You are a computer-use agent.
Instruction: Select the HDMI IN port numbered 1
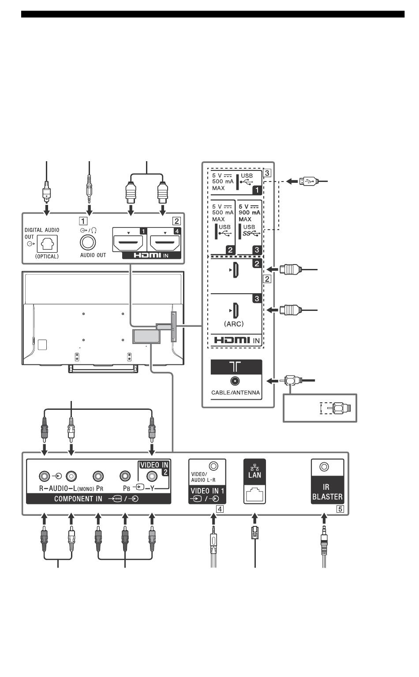click(x=128, y=243)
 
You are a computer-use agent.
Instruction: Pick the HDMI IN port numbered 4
click(x=165, y=243)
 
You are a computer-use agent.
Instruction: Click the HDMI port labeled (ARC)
click(x=236, y=310)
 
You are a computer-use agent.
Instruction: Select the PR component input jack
click(x=98, y=477)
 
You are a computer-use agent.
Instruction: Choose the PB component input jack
click(x=126, y=477)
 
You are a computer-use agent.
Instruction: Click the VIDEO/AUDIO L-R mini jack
click(x=214, y=466)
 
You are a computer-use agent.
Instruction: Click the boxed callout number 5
click(x=340, y=508)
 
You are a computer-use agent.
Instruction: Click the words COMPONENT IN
click(x=78, y=499)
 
